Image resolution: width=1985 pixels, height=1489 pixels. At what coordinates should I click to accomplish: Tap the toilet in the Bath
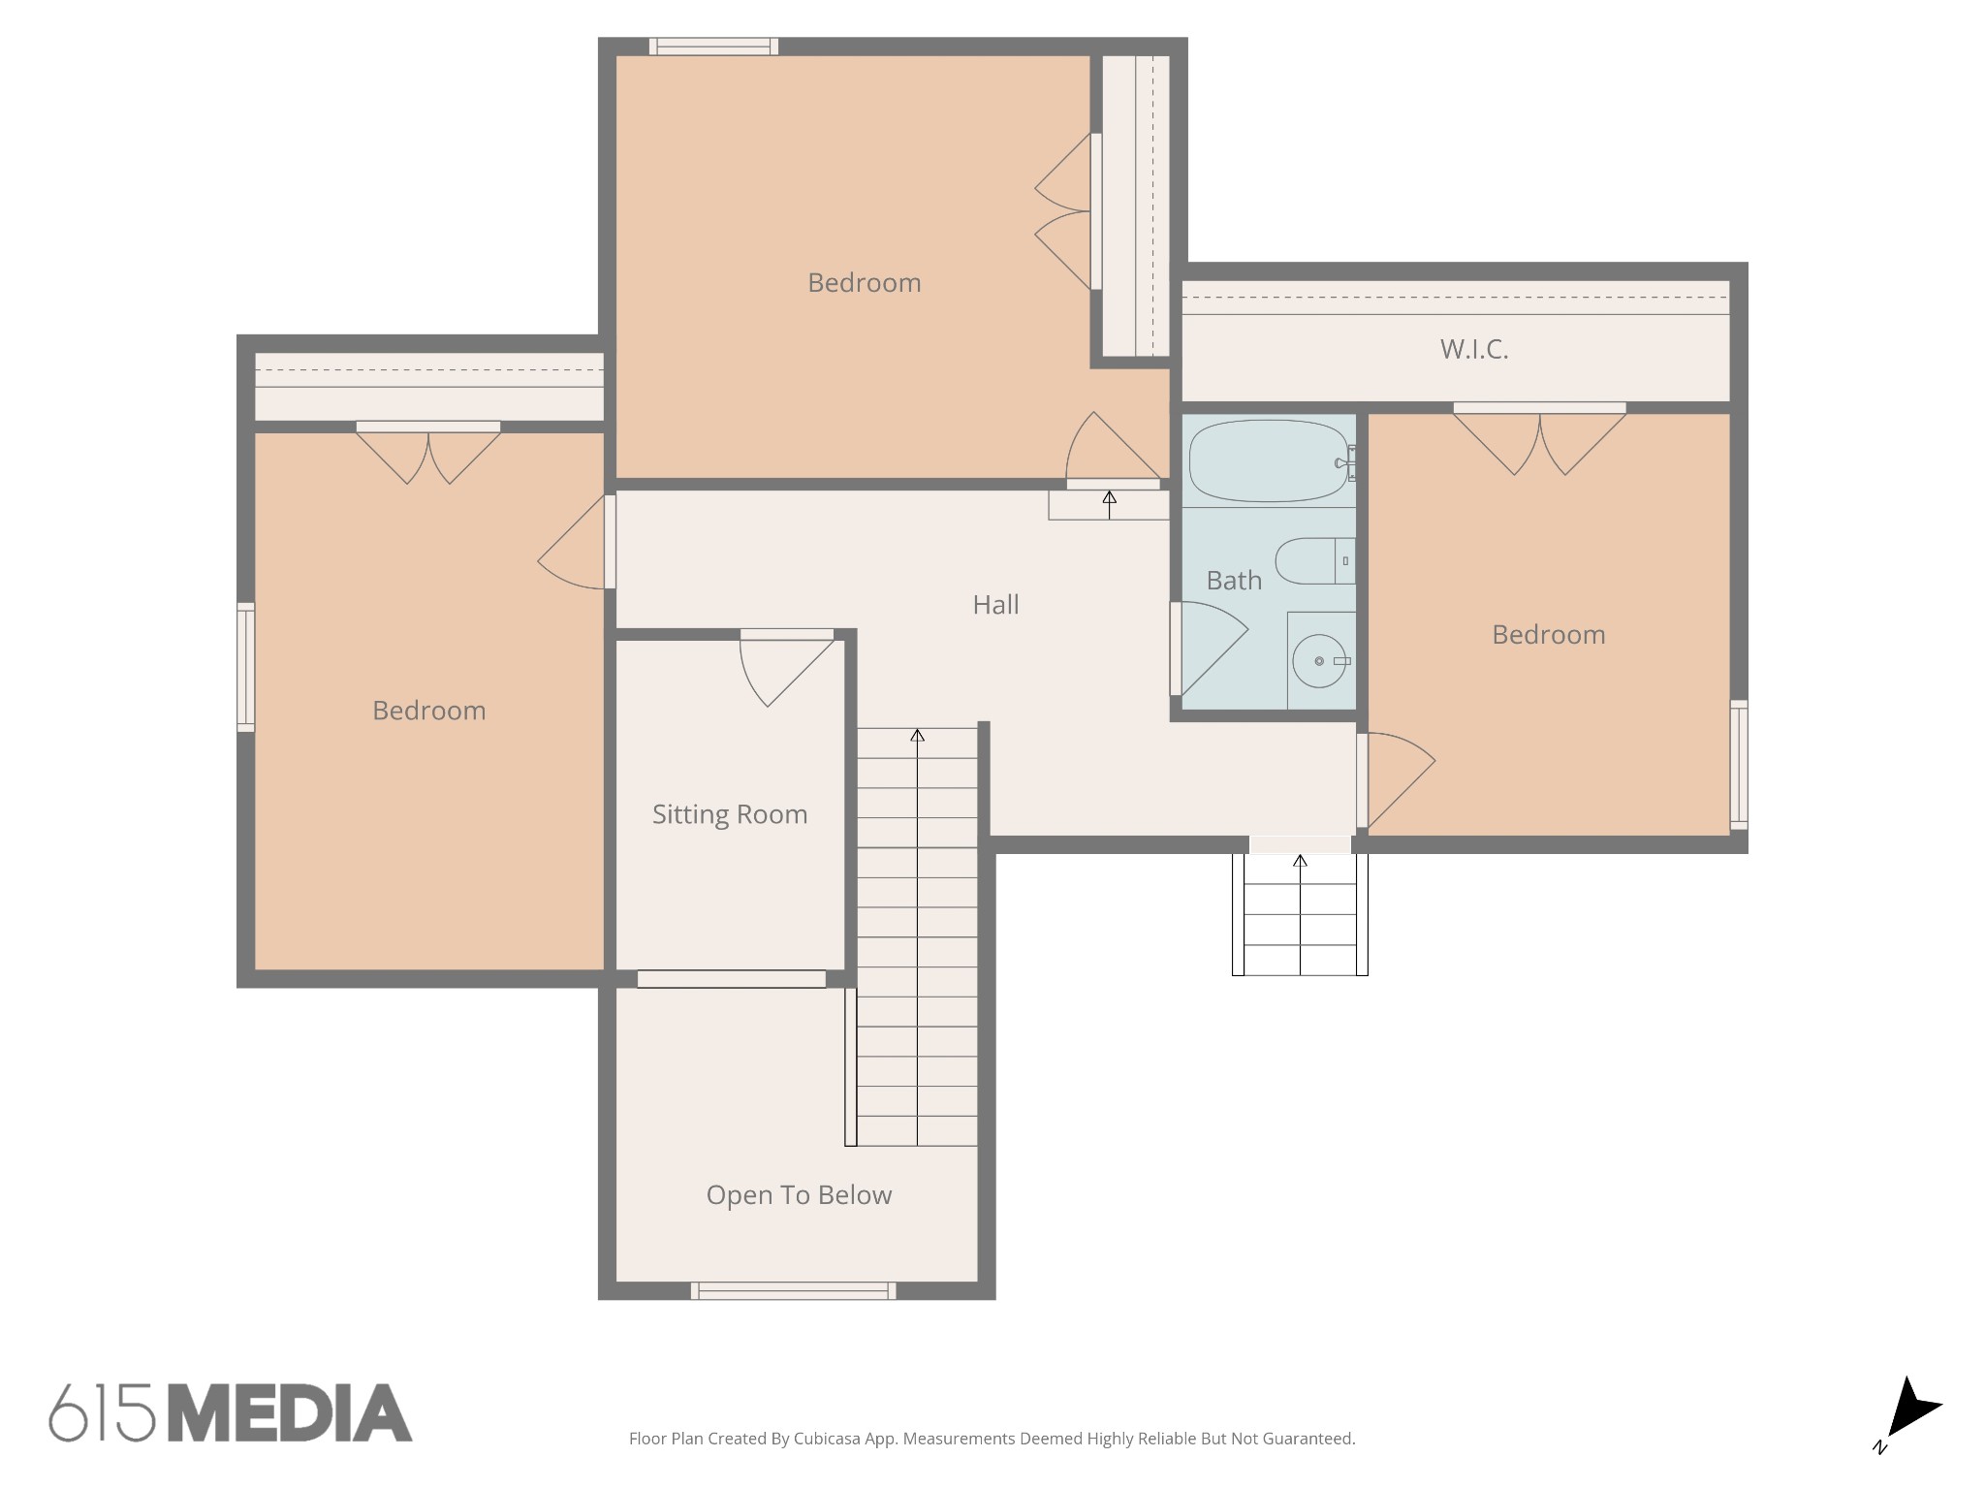point(1308,561)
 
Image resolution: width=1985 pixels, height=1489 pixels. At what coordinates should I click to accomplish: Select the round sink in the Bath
point(1319,661)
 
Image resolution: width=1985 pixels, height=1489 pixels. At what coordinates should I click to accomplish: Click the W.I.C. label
point(1473,349)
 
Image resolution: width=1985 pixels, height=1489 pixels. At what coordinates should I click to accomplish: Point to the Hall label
point(995,605)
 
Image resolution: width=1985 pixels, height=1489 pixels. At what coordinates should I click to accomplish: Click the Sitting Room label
point(729,814)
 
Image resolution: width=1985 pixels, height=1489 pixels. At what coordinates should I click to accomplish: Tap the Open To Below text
point(799,1195)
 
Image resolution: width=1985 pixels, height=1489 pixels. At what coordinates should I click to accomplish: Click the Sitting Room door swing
point(780,669)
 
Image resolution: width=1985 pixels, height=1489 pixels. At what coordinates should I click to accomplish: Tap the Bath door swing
point(1207,648)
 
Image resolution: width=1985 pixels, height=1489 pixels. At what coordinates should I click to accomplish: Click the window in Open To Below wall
point(793,1290)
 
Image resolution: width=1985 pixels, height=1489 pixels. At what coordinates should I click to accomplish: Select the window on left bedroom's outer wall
point(246,666)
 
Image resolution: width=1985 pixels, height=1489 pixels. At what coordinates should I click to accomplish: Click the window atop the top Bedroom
point(713,47)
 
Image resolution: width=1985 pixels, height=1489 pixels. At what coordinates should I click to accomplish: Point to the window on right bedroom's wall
point(1739,764)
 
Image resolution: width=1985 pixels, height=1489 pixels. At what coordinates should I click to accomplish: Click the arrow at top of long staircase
point(917,736)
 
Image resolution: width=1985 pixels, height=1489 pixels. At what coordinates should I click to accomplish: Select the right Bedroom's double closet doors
point(1539,441)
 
